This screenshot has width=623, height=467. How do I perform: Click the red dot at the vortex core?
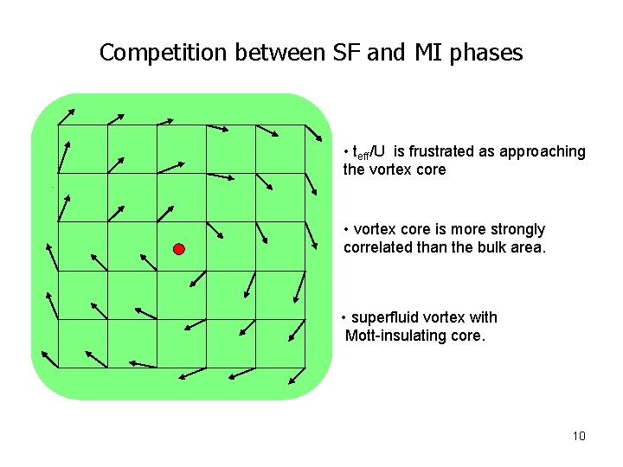(x=179, y=249)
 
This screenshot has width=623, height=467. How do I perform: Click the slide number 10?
(x=579, y=436)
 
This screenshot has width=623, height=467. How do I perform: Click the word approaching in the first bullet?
(x=542, y=151)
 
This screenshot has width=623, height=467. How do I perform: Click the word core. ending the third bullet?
(x=468, y=336)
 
